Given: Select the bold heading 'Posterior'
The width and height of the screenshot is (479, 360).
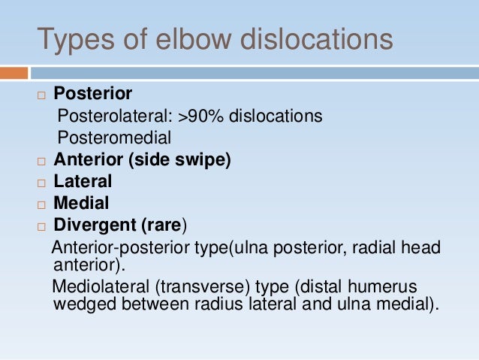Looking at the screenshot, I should [x=93, y=94].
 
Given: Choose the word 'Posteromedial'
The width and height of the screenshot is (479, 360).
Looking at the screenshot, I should [x=114, y=138].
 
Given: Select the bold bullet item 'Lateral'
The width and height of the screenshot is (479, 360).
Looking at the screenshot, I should [x=83, y=181].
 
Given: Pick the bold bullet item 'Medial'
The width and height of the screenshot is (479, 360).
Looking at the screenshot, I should [x=81, y=203].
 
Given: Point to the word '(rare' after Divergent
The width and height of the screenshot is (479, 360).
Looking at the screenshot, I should [x=161, y=225].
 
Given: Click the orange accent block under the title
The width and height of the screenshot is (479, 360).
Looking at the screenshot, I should [x=14, y=73].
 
